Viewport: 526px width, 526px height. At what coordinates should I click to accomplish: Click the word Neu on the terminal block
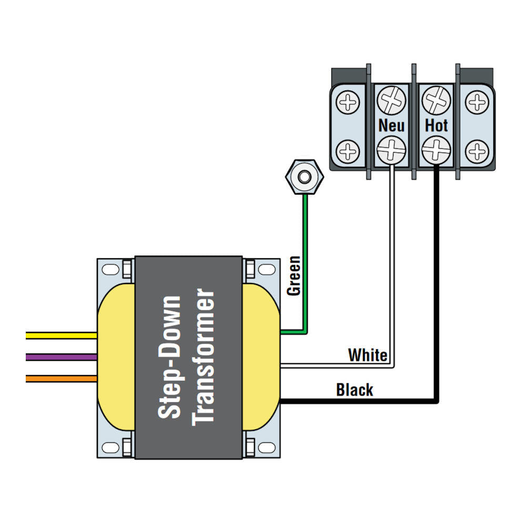tap(392, 125)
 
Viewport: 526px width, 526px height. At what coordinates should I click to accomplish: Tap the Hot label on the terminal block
tap(436, 125)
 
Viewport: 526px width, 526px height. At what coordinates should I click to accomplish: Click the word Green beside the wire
tap(294, 275)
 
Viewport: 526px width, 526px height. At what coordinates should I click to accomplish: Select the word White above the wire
tap(368, 356)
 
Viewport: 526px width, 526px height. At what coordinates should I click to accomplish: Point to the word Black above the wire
tap(355, 390)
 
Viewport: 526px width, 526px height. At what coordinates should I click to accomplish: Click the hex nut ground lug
tap(304, 176)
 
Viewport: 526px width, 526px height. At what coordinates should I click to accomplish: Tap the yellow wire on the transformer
tap(61, 335)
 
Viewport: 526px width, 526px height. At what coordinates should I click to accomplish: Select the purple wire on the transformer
tap(61, 357)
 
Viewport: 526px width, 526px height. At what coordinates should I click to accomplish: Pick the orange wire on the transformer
tap(61, 378)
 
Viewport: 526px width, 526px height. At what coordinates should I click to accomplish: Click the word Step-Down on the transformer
tap(170, 358)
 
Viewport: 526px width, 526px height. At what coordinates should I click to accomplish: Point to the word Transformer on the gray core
tap(204, 358)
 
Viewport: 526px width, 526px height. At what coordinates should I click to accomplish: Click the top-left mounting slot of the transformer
tap(110, 270)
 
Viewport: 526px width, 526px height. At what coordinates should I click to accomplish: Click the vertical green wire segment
tap(305, 263)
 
